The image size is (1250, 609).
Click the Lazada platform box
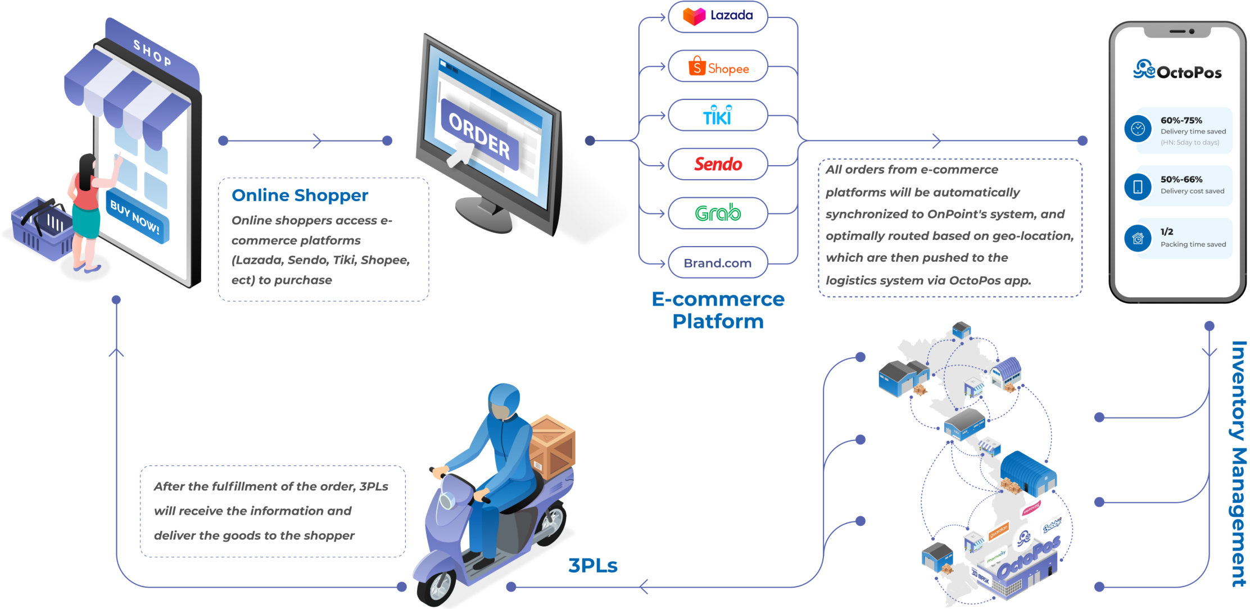(718, 16)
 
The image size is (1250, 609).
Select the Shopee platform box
(718, 66)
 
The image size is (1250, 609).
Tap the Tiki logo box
(718, 115)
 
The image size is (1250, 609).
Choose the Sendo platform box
(718, 164)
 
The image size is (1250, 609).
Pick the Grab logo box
(718, 213)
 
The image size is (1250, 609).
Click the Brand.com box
(718, 262)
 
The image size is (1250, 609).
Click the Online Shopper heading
(300, 195)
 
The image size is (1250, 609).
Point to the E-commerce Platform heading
(718, 310)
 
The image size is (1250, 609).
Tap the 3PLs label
(592, 565)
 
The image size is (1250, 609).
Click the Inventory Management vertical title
(1238, 463)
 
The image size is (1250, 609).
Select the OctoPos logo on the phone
(1177, 71)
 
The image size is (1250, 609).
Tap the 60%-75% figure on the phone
(1181, 120)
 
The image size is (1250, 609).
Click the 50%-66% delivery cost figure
(1181, 179)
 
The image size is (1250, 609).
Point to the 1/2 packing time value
(1167, 231)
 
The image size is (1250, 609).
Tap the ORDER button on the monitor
(479, 134)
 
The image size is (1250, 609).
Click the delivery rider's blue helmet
(504, 399)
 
